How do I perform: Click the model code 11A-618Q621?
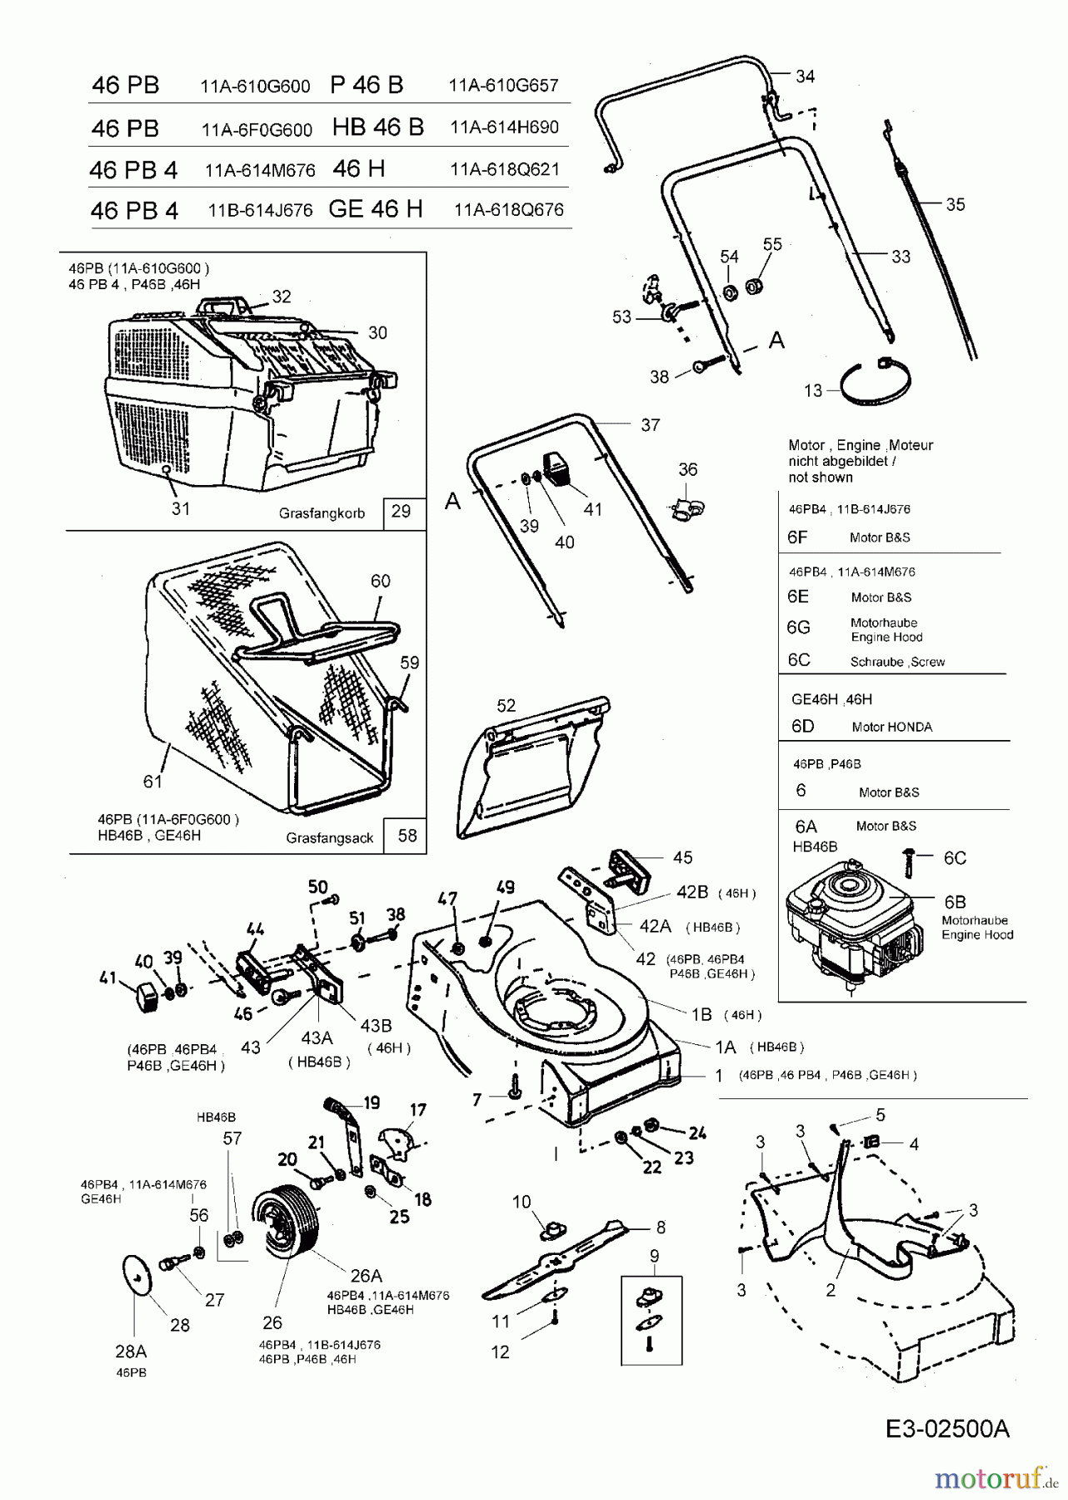pyautogui.click(x=505, y=170)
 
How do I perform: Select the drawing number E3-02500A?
pyautogui.click(x=947, y=1406)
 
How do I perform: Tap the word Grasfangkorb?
pyautogui.click(x=322, y=514)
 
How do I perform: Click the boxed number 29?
pyautogui.click(x=401, y=511)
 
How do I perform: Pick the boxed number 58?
pyautogui.click(x=407, y=835)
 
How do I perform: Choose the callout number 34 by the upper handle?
pyautogui.click(x=805, y=77)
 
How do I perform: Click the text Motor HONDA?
pyautogui.click(x=891, y=727)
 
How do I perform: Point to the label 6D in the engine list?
pyautogui.click(x=802, y=726)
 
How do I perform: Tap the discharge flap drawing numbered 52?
pyautogui.click(x=533, y=767)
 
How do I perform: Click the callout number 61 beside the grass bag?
pyautogui.click(x=152, y=781)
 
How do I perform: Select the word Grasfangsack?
pyautogui.click(x=330, y=837)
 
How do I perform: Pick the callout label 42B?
pyautogui.click(x=691, y=892)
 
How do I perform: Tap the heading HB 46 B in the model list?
pyautogui.click(x=378, y=127)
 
